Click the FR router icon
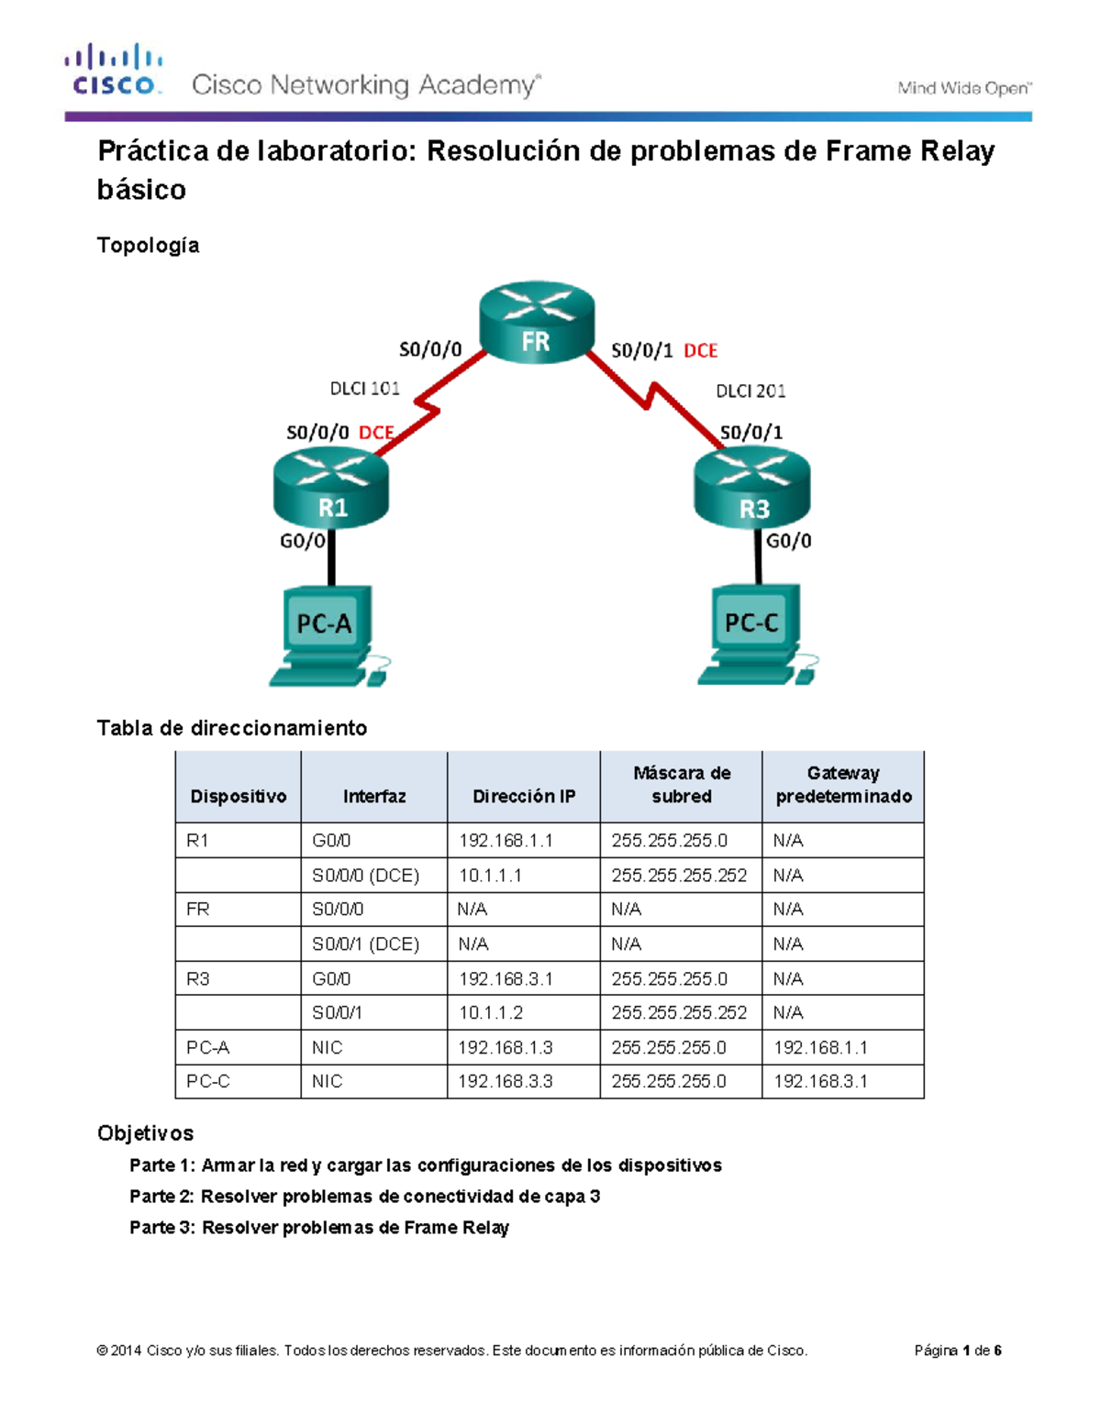(x=537, y=323)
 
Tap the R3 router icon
(x=752, y=491)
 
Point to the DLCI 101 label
(x=364, y=389)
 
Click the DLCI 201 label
(x=751, y=392)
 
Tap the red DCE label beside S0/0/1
(x=701, y=350)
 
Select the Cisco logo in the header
(x=114, y=70)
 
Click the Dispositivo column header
(x=238, y=796)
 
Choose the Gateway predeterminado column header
(x=843, y=785)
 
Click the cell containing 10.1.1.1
(x=523, y=876)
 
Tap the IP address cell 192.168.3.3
(x=523, y=1082)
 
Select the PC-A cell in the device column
(x=238, y=1047)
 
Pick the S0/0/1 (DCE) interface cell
(x=373, y=944)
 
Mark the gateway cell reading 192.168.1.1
(x=841, y=1047)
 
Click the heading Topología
(x=149, y=246)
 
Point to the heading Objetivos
(x=146, y=1133)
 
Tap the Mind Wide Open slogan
(x=964, y=88)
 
